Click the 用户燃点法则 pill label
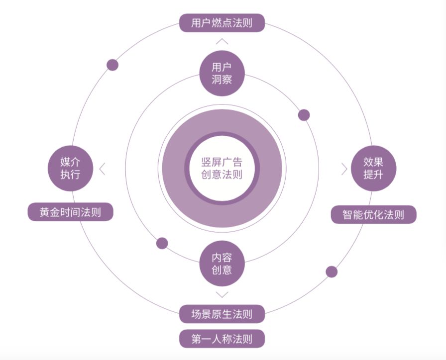[222, 23]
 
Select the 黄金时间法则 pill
[70, 212]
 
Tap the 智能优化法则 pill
[373, 214]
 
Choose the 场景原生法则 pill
[222, 314]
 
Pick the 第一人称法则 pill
[222, 339]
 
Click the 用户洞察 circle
[222, 73]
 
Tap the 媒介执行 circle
[70, 168]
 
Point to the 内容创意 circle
[222, 264]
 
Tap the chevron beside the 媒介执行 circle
[103, 169]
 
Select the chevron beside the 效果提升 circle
[344, 169]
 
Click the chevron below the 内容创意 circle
[222, 295]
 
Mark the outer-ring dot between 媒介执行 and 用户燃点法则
[112, 65]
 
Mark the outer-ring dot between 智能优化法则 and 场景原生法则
[332, 271]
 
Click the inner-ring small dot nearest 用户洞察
[304, 115]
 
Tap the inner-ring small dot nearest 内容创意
[162, 244]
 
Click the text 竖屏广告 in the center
[222, 162]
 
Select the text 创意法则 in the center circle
[222, 175]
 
